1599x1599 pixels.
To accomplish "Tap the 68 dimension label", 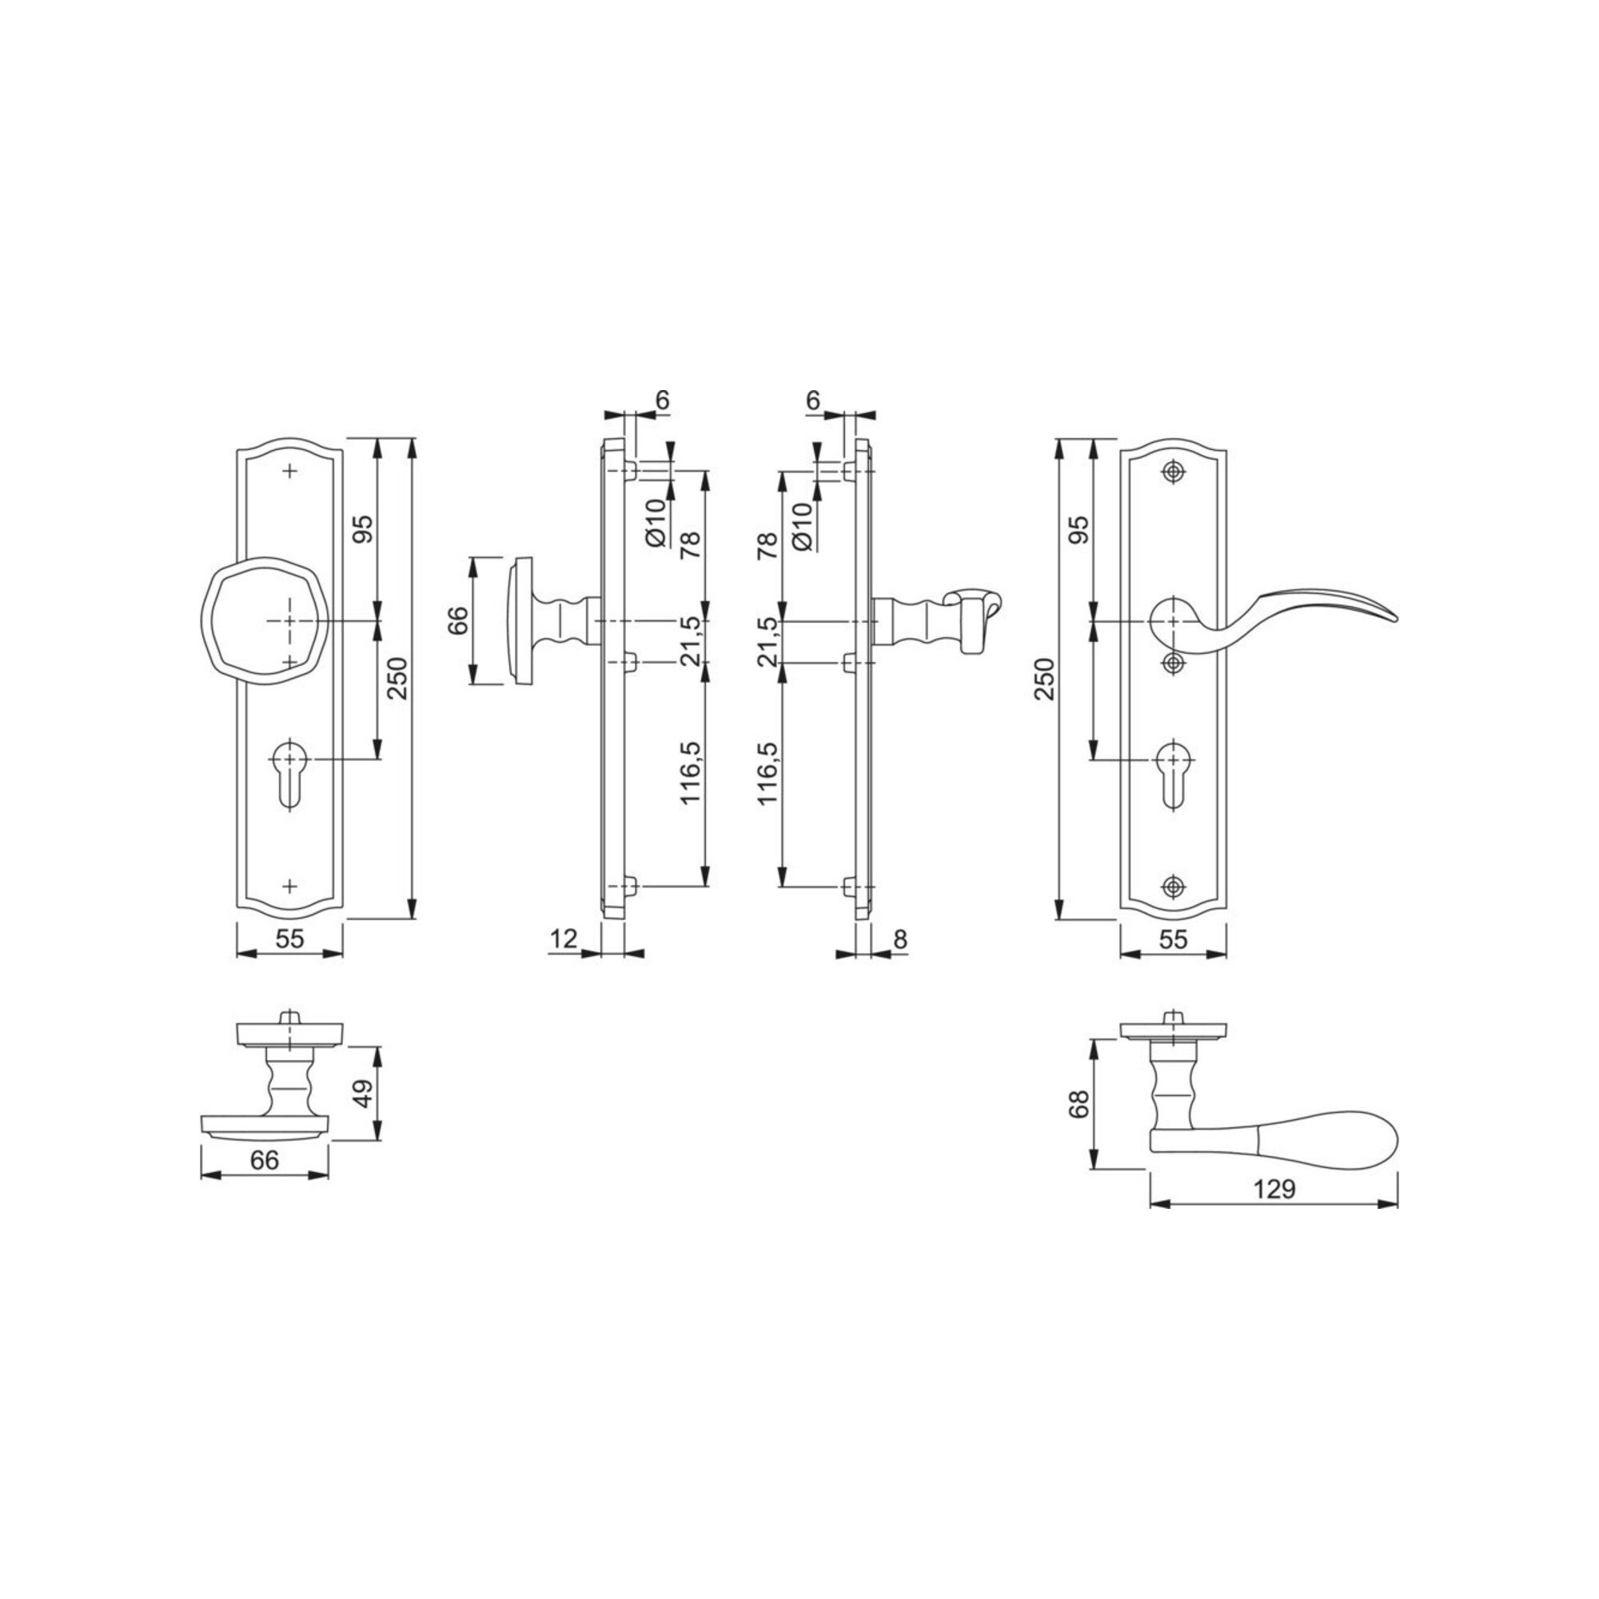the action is (x=1080, y=1104).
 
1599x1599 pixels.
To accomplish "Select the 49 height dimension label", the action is (x=363, y=1093).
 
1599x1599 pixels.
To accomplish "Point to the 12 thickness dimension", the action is (x=563, y=939).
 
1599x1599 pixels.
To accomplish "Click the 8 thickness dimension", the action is (x=900, y=939).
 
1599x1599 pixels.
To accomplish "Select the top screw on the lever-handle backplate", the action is (x=1171, y=471).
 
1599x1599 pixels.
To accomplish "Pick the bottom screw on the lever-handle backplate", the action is (x=1171, y=886).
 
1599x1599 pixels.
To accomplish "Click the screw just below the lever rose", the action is (x=1171, y=663).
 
